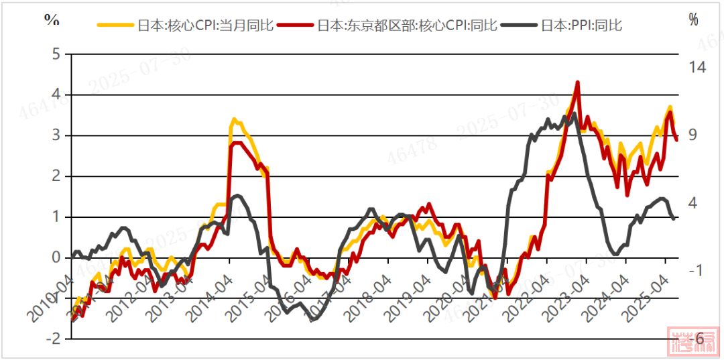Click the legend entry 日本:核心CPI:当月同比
point(205,26)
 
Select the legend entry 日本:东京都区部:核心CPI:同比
point(406,26)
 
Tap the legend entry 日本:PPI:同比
point(581,26)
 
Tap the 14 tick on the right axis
point(697,67)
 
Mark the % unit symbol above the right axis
point(692,19)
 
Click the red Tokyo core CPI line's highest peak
point(577,82)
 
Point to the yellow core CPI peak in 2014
point(233,119)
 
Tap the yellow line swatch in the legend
point(116,26)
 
